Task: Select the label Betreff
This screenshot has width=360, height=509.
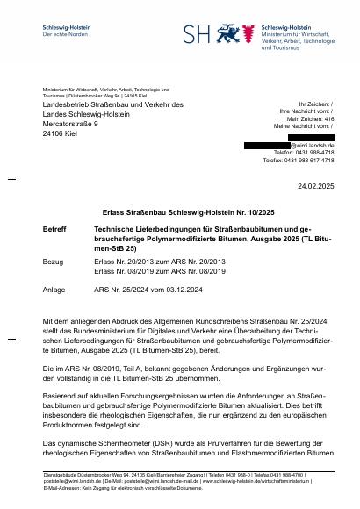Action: [x=54, y=229]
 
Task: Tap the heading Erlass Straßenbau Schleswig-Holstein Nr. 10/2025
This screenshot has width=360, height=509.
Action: [x=179, y=211]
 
